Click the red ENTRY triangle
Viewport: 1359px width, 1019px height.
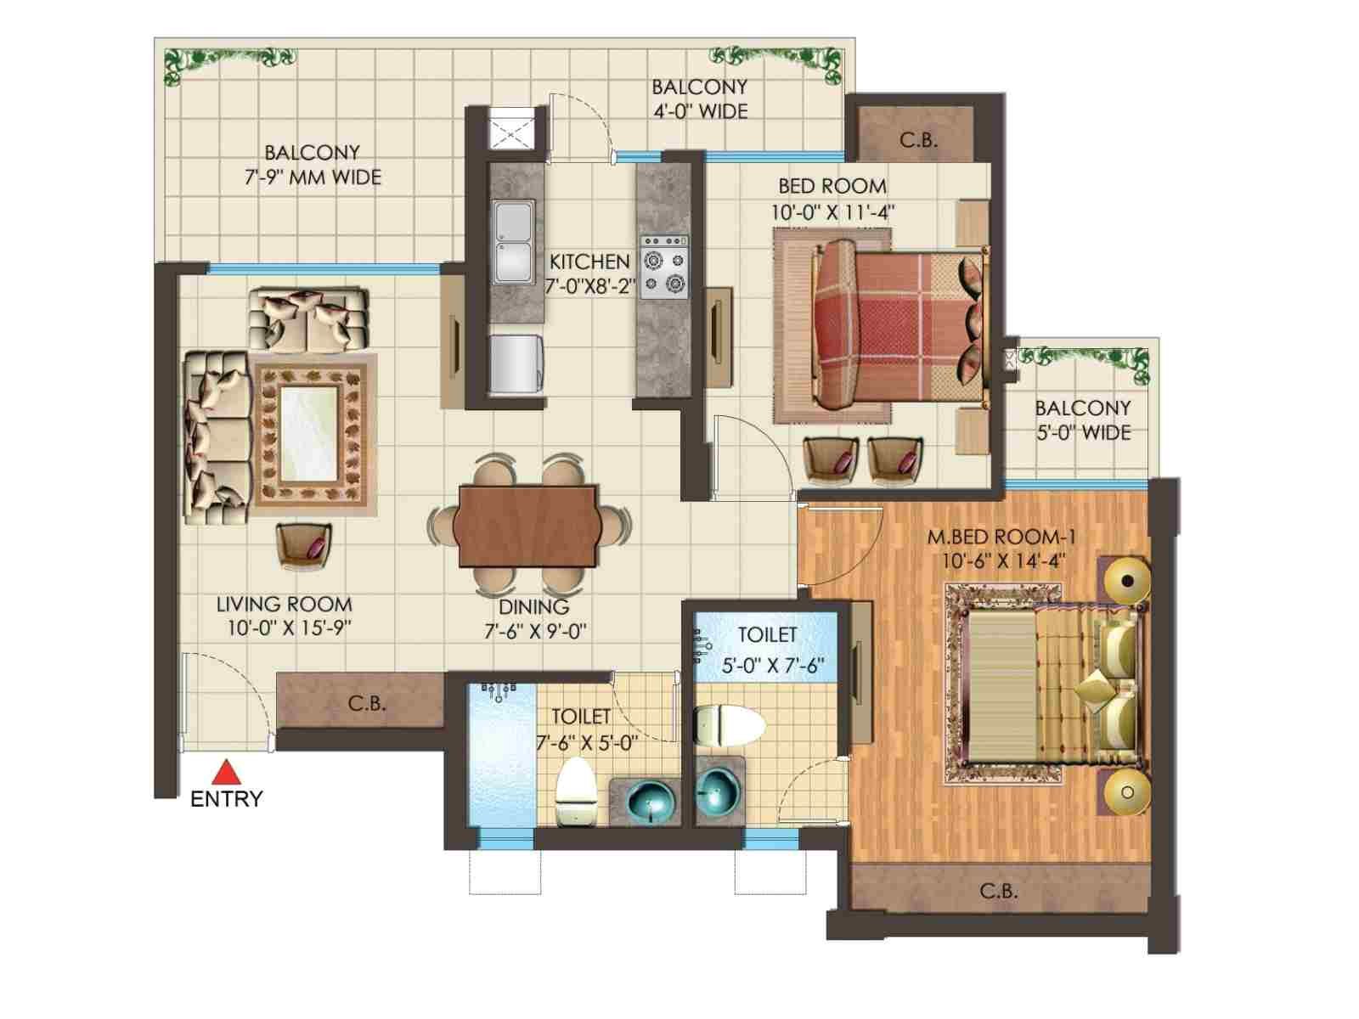tap(227, 773)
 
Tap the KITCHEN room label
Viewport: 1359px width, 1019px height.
tap(589, 262)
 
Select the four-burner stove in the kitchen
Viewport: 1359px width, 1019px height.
tap(663, 267)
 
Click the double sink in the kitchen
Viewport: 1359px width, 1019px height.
tap(514, 242)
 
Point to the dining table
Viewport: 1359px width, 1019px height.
tap(527, 526)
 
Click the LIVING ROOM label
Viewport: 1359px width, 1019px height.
tap(285, 605)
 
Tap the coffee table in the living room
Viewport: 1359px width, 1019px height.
tap(309, 432)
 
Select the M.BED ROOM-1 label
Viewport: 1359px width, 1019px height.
tap(1001, 537)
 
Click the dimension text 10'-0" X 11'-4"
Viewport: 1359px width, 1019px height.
tap(832, 213)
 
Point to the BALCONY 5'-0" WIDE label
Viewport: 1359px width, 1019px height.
tap(1083, 420)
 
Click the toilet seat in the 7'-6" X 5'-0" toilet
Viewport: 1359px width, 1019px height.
tap(575, 791)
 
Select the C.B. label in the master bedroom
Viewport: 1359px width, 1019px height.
tap(999, 892)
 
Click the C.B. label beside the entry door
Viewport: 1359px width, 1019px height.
tap(367, 703)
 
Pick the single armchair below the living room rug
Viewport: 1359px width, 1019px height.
tap(303, 546)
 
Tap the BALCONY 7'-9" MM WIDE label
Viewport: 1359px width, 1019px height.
tap(312, 166)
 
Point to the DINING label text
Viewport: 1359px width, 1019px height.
tap(533, 607)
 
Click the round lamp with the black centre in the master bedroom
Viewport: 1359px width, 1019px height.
tap(1127, 581)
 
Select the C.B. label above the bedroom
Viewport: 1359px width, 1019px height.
tap(918, 140)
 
